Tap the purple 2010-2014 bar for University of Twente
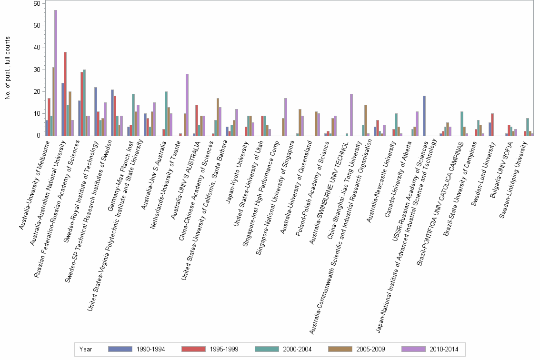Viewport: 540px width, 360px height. click(187, 105)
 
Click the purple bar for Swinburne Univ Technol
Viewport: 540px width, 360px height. click(351, 115)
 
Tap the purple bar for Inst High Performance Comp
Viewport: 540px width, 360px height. click(286, 117)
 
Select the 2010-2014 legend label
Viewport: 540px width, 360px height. click(443, 349)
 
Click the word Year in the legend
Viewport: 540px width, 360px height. click(86, 349)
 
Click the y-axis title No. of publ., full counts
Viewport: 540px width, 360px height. click(8, 69)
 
